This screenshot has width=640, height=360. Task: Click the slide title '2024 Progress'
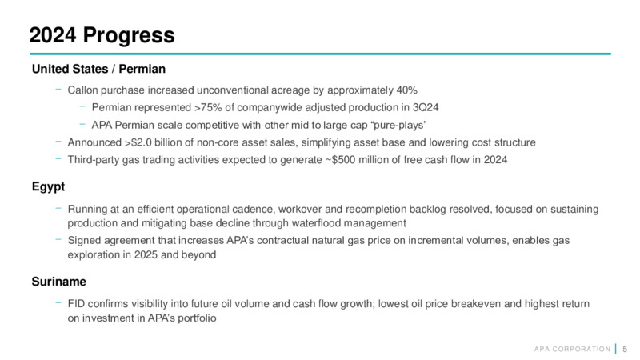point(102,35)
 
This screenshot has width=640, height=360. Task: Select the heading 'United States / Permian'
point(98,69)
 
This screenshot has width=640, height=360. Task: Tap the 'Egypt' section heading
point(48,187)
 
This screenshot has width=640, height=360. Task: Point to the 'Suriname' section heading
point(58,282)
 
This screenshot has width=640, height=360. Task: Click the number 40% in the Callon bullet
point(406,90)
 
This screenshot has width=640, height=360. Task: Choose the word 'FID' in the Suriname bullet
point(76,304)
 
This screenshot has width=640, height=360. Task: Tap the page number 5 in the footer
point(625,350)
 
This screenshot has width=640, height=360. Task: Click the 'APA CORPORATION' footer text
point(572,350)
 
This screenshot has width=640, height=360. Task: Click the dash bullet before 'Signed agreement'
point(58,239)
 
